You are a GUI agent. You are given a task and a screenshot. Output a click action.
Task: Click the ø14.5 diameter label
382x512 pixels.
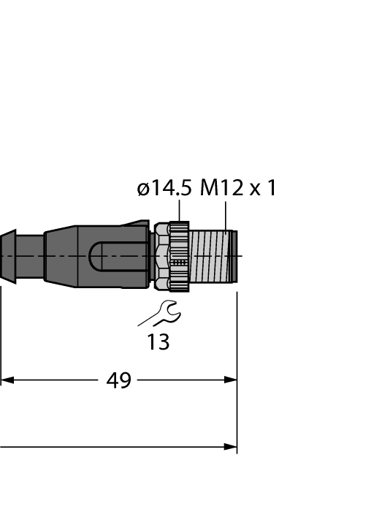click(164, 188)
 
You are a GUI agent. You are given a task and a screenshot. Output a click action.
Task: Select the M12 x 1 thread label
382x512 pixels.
click(239, 188)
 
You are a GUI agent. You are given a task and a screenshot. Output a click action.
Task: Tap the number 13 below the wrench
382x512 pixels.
click(158, 342)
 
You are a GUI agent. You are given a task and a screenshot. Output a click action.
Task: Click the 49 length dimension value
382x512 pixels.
click(118, 380)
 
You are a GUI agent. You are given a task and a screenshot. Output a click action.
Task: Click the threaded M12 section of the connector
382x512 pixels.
click(212, 257)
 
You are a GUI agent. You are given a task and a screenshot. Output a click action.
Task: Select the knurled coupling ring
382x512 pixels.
click(179, 257)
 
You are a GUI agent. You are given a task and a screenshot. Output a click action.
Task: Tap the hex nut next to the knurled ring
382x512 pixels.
click(161, 257)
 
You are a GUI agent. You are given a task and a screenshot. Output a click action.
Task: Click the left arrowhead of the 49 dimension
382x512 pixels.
click(7, 380)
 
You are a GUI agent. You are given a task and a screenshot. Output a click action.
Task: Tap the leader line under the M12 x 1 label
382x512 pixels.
click(226, 213)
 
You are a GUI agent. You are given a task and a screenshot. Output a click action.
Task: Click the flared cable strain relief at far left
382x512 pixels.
click(7, 256)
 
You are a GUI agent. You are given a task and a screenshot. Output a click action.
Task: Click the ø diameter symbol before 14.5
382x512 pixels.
click(143, 189)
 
